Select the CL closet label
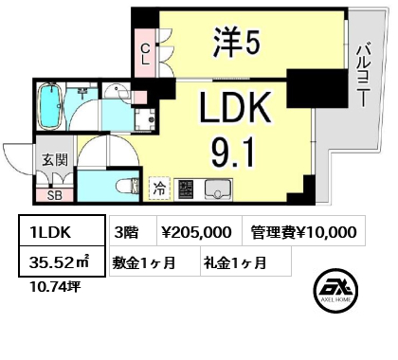click(x=145, y=54)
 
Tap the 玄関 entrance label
click(x=55, y=160)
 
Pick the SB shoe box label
click(x=55, y=196)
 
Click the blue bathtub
click(x=50, y=106)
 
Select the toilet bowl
click(x=127, y=187)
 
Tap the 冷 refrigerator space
click(x=159, y=189)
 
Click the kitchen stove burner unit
click(x=185, y=189)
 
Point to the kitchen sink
click(x=218, y=189)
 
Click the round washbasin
click(x=116, y=92)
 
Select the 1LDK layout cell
click(x=62, y=230)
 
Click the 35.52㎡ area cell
click(x=62, y=261)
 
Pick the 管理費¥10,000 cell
click(x=304, y=231)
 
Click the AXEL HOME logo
click(x=335, y=291)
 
